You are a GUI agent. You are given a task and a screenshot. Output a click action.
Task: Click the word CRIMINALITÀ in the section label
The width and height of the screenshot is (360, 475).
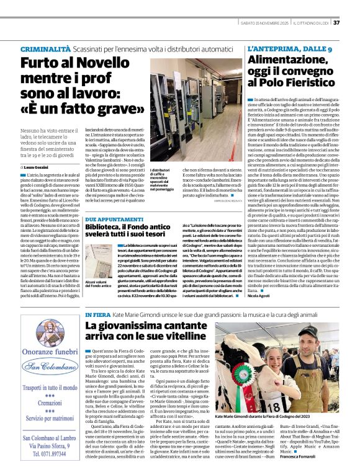[45, 48]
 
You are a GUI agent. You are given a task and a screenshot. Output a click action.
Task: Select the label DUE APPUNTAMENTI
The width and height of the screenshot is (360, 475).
[112, 220]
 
